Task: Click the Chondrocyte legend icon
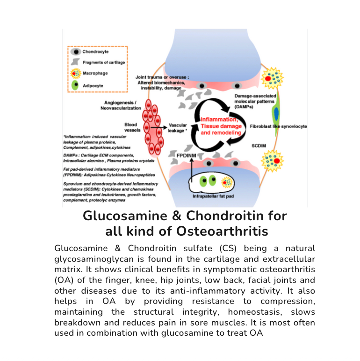[76, 52]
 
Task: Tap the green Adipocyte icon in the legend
[76, 86]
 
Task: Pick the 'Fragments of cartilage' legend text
[104, 63]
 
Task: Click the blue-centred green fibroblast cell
[276, 115]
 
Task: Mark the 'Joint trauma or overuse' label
[162, 77]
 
